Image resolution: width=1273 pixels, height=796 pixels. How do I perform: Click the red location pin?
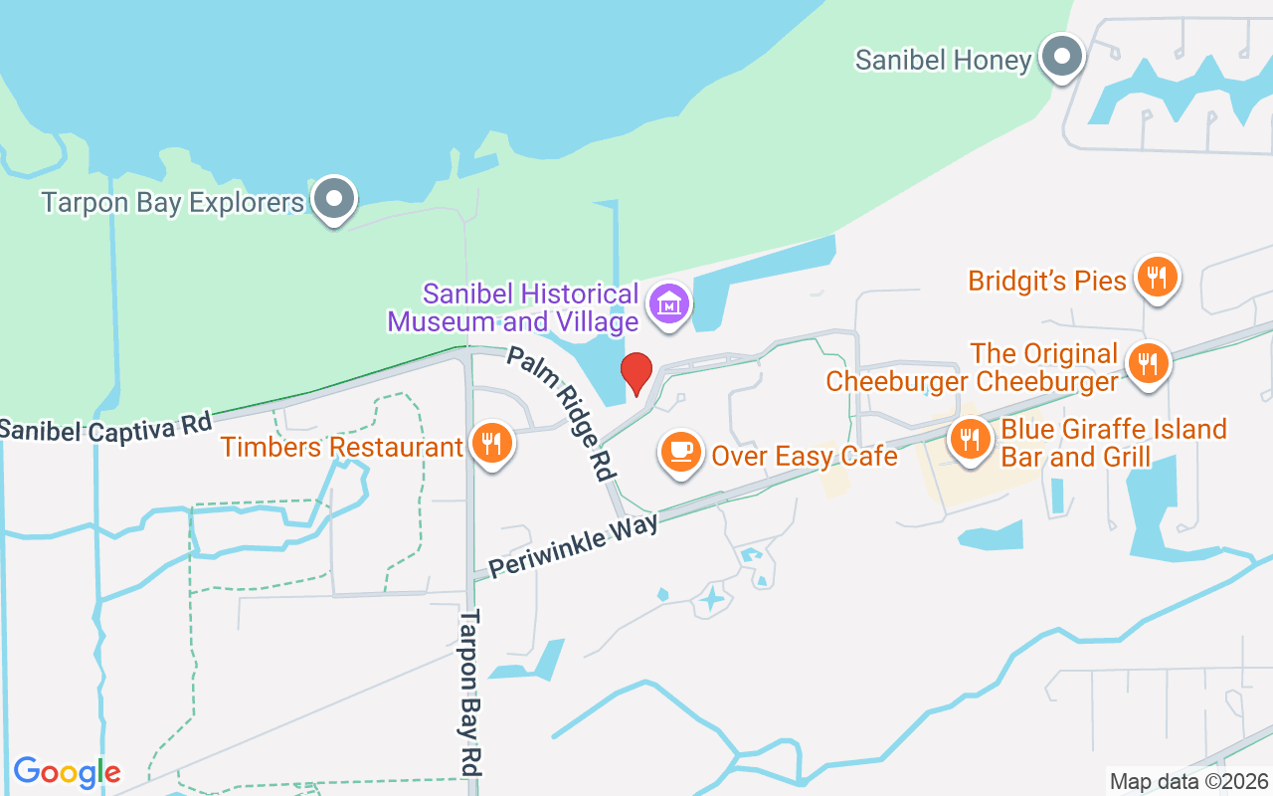tap(636, 372)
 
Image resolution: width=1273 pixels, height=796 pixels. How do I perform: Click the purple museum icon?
tap(670, 302)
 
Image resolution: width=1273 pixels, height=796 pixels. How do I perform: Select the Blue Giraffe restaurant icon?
tap(968, 438)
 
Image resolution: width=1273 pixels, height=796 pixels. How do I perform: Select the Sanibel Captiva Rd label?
tap(105, 426)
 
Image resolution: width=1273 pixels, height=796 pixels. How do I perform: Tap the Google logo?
tap(67, 772)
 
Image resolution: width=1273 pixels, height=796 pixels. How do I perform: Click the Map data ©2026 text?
tap(1189, 781)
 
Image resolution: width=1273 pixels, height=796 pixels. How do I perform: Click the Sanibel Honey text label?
tap(943, 61)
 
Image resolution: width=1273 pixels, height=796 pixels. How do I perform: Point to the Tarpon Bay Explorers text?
tap(172, 203)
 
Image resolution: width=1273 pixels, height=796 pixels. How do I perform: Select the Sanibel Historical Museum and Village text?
tap(513, 308)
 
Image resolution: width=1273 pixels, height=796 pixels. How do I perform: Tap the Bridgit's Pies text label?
tap(1047, 281)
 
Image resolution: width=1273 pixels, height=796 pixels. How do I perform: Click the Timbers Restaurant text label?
tap(342, 447)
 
